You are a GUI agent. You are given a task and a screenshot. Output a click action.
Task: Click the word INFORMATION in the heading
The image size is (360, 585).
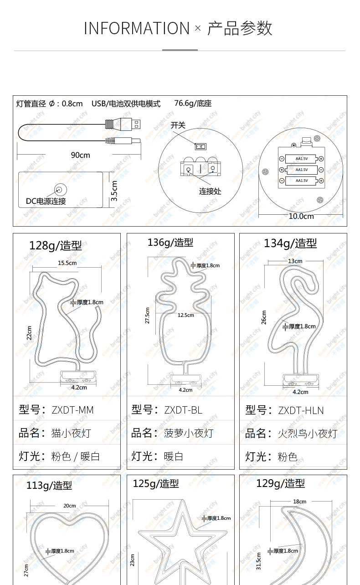click(136, 28)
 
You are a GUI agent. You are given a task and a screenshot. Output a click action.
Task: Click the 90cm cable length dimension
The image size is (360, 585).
click(80, 155)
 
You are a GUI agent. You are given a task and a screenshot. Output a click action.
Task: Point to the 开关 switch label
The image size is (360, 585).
click(178, 125)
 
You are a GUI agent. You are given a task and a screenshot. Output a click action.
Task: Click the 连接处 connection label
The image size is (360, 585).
click(210, 191)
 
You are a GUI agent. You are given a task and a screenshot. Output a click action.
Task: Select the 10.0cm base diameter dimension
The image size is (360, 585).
click(301, 216)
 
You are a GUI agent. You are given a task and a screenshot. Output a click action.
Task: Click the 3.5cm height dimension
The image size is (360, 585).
click(114, 191)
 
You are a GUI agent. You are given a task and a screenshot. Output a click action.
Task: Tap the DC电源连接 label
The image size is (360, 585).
click(46, 201)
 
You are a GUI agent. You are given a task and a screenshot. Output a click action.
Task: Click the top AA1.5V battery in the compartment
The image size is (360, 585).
click(301, 159)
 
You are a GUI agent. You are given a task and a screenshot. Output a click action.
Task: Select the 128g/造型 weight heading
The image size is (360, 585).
click(55, 245)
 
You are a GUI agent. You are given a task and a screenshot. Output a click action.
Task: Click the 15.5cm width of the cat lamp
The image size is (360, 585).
click(67, 263)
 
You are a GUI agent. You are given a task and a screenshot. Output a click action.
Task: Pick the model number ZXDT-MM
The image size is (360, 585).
click(72, 410)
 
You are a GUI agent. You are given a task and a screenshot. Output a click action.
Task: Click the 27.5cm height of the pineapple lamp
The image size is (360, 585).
click(147, 315)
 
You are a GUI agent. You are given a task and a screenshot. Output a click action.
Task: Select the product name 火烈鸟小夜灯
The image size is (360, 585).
click(307, 433)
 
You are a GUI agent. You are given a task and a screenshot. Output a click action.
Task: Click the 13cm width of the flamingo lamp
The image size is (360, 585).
click(295, 261)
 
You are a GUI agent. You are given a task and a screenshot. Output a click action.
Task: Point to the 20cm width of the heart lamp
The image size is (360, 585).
click(69, 506)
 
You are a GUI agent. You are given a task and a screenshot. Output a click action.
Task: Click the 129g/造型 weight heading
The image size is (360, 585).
click(280, 483)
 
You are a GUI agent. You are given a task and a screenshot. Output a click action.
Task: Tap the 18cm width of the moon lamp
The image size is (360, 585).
click(299, 502)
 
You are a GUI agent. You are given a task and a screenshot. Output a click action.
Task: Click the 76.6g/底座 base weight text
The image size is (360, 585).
click(193, 104)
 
